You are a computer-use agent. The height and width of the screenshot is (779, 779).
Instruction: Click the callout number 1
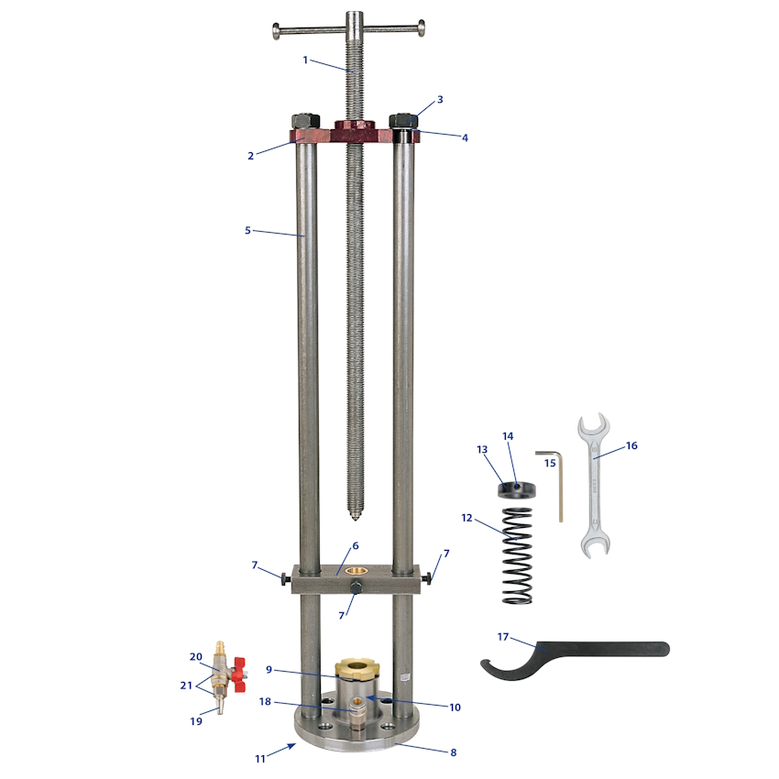(305, 60)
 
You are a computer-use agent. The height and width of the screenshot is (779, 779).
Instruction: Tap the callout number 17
(503, 636)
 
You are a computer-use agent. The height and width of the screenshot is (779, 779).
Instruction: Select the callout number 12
(466, 518)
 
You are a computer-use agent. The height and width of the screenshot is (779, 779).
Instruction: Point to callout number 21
(186, 686)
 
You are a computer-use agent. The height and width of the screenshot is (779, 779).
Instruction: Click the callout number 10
(455, 707)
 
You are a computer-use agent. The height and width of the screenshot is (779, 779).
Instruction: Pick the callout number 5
(247, 230)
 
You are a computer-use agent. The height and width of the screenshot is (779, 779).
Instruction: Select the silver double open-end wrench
(594, 485)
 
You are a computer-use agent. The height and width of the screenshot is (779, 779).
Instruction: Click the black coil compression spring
(517, 555)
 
